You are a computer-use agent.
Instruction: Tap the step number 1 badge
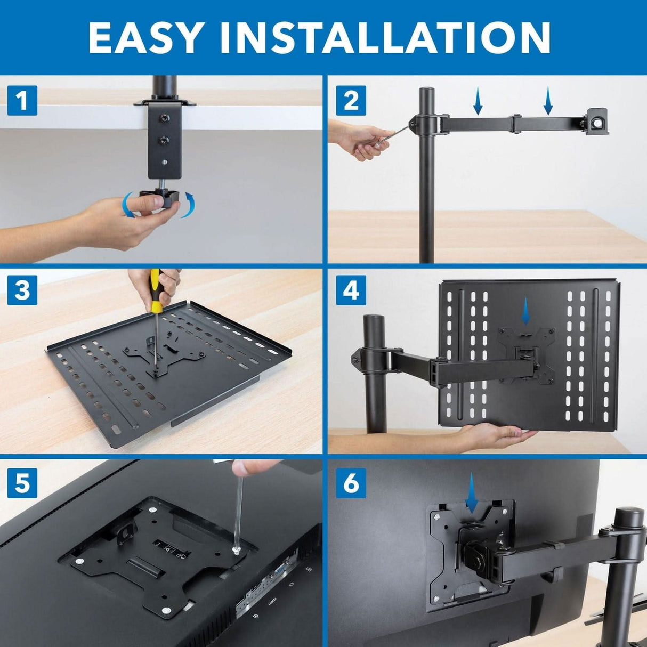[x=22, y=100]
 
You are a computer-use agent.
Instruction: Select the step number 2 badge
[x=351, y=100]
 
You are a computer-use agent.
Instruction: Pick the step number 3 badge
[x=22, y=290]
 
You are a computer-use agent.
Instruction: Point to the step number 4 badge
[x=351, y=290]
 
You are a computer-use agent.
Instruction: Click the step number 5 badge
[x=22, y=483]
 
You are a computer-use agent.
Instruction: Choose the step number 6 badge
[x=351, y=483]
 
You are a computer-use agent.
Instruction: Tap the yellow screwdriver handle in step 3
[x=155, y=285]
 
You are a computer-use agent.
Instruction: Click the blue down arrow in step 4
[x=526, y=311]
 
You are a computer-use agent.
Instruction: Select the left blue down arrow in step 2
[x=478, y=102]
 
